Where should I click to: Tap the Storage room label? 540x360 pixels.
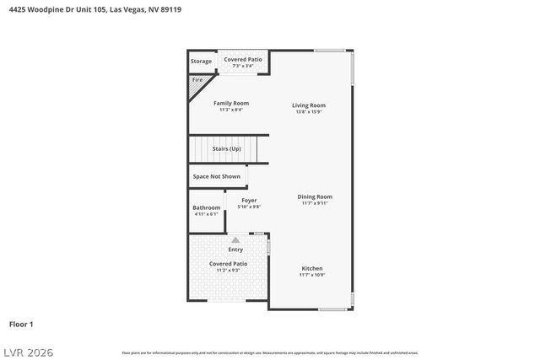click(x=201, y=62)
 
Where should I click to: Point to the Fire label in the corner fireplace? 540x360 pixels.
click(x=197, y=80)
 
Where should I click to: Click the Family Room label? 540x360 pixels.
click(x=230, y=104)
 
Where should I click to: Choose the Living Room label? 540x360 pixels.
click(x=309, y=105)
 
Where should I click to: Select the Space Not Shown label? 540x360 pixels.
click(x=216, y=176)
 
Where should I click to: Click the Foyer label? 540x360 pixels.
click(x=249, y=201)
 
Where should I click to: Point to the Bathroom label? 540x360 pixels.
click(x=206, y=207)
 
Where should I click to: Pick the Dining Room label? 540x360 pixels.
click(x=315, y=196)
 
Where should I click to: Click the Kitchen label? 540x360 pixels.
click(x=312, y=269)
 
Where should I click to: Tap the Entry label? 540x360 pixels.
click(x=235, y=250)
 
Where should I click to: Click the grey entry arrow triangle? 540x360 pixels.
click(x=235, y=240)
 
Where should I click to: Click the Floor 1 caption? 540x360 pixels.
click(x=21, y=324)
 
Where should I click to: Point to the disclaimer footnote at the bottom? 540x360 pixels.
click(x=270, y=352)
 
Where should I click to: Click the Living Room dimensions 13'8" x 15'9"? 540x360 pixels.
click(x=309, y=111)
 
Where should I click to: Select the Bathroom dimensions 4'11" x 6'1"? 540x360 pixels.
click(x=206, y=214)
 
